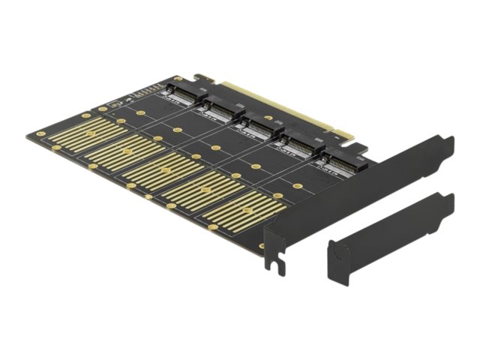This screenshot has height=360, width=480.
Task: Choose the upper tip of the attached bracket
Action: [x=448, y=141]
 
